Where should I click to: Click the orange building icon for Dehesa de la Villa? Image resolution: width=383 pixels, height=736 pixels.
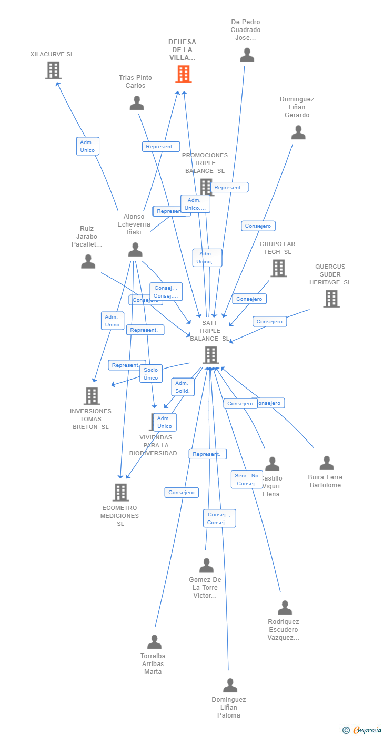(183, 75)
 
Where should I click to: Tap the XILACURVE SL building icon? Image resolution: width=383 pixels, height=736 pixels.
(53, 70)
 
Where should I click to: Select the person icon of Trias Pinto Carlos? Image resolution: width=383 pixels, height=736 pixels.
(137, 103)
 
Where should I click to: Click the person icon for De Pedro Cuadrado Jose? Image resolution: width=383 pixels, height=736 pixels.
(247, 55)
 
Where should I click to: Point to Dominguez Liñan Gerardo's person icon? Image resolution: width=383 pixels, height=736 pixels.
(298, 132)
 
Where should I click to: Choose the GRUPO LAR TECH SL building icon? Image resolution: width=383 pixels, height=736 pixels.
(278, 268)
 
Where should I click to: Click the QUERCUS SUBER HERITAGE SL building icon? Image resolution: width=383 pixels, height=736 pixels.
(331, 299)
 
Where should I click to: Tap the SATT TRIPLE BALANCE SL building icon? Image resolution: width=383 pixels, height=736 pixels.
(210, 355)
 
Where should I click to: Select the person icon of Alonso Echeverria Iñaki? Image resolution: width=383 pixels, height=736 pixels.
(135, 250)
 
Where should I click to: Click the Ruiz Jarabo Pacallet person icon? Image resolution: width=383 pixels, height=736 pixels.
(88, 262)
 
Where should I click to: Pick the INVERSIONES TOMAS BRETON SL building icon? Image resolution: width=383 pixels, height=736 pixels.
(92, 396)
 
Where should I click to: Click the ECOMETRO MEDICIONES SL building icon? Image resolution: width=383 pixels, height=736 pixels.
(120, 493)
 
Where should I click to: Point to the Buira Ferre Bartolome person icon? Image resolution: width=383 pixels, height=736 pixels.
(327, 463)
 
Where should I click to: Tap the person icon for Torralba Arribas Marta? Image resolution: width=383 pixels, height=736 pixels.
(154, 642)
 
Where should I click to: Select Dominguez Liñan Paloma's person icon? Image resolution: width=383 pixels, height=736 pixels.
(230, 686)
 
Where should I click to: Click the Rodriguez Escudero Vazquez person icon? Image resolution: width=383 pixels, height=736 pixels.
(285, 608)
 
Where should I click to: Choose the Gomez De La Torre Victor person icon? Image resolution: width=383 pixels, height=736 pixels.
(206, 566)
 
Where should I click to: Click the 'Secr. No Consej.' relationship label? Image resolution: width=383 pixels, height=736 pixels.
(247, 479)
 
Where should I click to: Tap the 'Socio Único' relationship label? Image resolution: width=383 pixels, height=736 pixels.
(151, 374)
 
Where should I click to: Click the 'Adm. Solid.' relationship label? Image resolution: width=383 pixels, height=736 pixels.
(183, 387)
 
